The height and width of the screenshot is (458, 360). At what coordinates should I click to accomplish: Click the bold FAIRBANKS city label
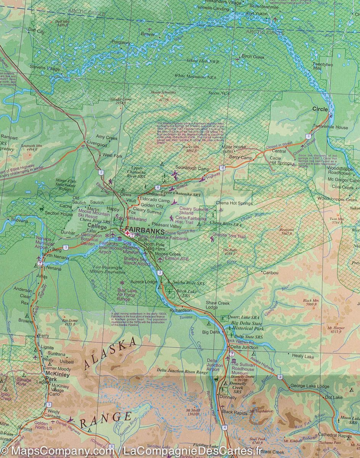145,231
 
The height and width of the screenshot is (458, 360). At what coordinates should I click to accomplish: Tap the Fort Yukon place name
257,14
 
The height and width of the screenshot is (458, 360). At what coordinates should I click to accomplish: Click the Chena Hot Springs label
234,203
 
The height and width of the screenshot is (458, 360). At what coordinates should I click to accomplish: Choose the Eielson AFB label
177,259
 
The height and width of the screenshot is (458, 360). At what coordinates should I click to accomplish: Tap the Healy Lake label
303,356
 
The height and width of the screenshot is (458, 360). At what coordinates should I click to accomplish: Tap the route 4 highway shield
225,427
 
